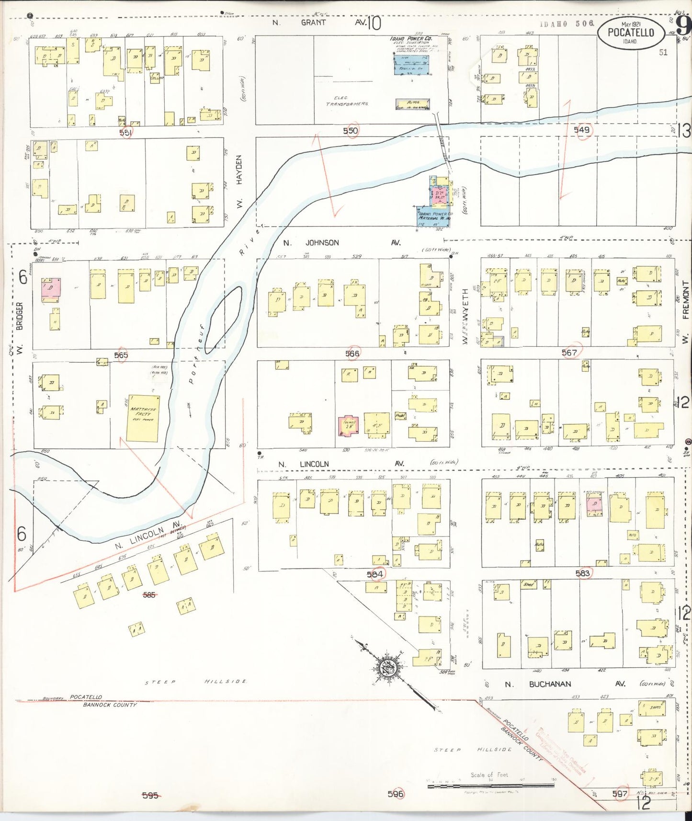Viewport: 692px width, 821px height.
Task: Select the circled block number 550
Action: [x=351, y=130]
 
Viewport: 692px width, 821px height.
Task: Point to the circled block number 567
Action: [x=569, y=352]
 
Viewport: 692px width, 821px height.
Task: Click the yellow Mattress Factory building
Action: [x=143, y=418]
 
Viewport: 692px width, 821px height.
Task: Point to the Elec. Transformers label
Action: [x=347, y=101]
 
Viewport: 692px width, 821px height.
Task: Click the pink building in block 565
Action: [x=51, y=290]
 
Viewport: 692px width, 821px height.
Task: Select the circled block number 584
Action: [x=375, y=574]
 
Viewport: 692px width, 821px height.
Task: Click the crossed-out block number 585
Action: [x=149, y=595]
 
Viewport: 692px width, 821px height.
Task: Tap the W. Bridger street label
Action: [x=20, y=328]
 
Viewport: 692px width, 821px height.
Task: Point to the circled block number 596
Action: [x=396, y=794]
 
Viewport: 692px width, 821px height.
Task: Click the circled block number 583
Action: [x=583, y=573]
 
